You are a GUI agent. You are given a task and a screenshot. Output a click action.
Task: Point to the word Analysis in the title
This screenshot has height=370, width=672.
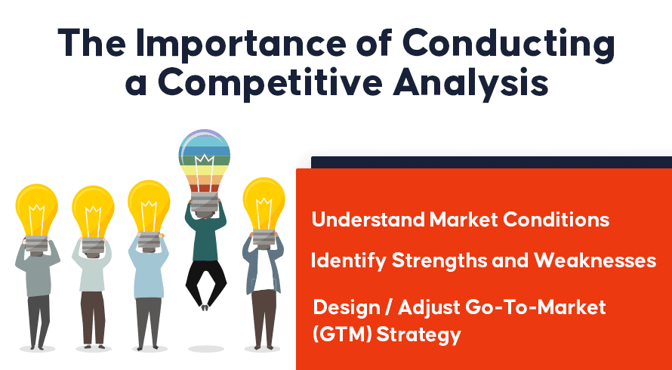pos(471,85)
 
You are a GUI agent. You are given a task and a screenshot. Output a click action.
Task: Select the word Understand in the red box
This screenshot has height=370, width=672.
pos(367,220)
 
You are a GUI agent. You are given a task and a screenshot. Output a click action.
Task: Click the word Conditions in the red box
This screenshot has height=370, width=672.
pos(556,220)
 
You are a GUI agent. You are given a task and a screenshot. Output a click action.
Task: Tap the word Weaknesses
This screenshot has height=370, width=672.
pos(595,261)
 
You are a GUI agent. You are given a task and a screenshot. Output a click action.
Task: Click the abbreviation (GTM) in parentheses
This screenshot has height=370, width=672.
pos(342,335)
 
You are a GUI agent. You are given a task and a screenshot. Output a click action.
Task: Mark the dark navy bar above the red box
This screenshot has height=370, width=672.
pos(492,162)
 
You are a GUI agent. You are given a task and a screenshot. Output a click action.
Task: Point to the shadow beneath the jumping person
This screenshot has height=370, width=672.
pos(205,349)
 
